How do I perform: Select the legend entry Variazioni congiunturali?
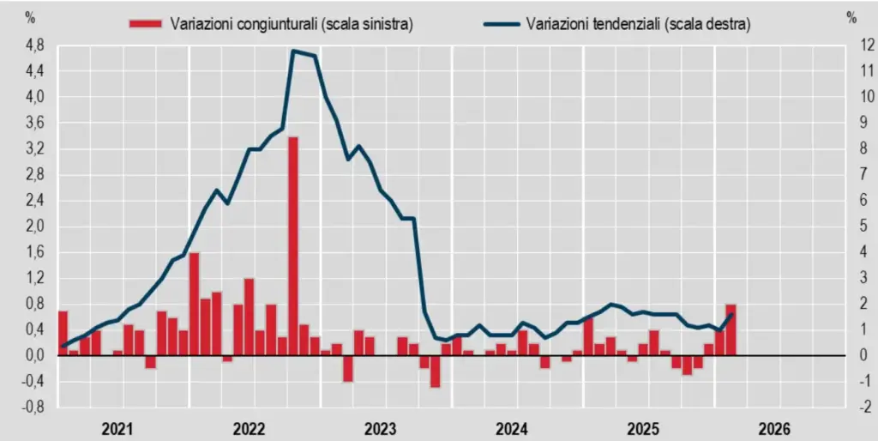[291, 24]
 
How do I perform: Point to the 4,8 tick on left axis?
[35, 45]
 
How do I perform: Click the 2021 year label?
[117, 428]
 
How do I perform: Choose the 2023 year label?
[382, 428]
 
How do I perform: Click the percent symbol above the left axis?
[31, 16]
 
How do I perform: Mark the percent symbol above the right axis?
[851, 16]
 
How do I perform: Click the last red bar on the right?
[731, 329]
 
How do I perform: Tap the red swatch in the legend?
[145, 24]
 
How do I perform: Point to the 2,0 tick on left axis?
[35, 227]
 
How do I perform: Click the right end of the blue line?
[731, 314]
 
